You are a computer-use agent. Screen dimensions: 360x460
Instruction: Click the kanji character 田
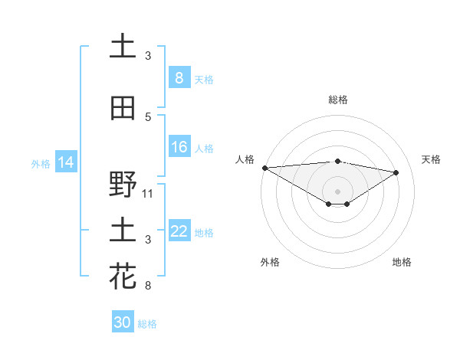123,109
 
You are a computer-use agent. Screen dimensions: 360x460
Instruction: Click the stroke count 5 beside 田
148,116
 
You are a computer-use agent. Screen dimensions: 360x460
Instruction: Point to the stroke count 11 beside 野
148,193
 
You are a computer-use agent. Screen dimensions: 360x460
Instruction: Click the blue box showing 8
179,77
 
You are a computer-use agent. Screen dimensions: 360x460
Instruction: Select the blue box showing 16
179,147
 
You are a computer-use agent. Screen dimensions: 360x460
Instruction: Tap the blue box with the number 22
179,231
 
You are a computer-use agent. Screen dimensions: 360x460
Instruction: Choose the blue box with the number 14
65,162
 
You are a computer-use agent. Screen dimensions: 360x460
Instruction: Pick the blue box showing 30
123,322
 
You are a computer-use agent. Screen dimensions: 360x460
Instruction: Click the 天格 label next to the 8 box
203,79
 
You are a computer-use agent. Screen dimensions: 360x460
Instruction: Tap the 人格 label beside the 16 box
203,149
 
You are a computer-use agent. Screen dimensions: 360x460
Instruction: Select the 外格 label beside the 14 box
41,163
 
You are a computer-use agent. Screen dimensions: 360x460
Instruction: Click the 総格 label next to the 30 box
147,324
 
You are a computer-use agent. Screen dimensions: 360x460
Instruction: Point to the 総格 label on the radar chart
337,100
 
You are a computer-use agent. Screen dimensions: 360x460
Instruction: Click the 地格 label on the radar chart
402,262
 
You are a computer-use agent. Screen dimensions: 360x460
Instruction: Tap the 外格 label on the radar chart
270,262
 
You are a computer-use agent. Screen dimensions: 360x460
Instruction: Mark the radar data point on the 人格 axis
264,168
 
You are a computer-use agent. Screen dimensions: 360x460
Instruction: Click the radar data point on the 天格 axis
396,172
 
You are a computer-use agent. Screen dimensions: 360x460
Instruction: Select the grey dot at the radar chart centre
337,191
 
